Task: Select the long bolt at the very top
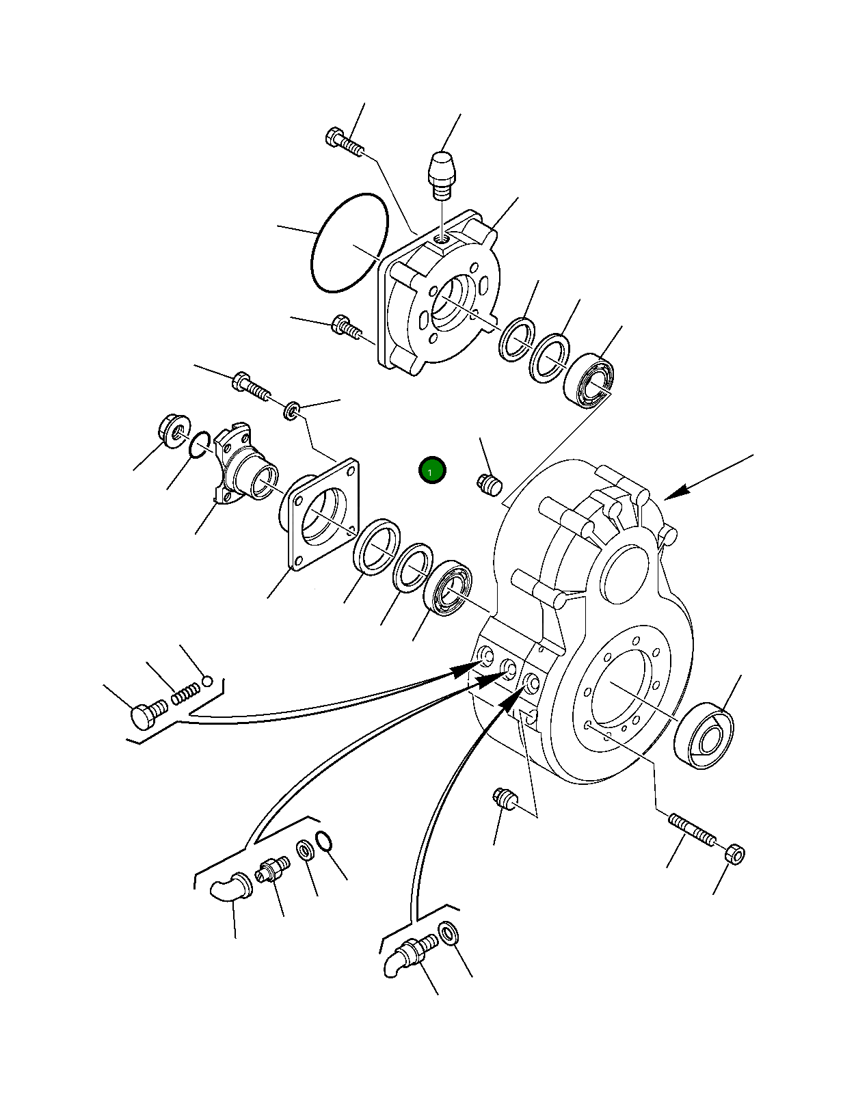pyautogui.click(x=345, y=142)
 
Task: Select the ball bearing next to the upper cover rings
pyautogui.click(x=589, y=379)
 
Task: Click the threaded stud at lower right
pyautogui.click(x=692, y=829)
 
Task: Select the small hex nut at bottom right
pyautogui.click(x=735, y=853)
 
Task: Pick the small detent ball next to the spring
pyautogui.click(x=208, y=680)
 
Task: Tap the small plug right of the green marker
pyautogui.click(x=489, y=485)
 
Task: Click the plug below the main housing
pyautogui.click(x=506, y=798)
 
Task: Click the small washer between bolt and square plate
pyautogui.click(x=292, y=412)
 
